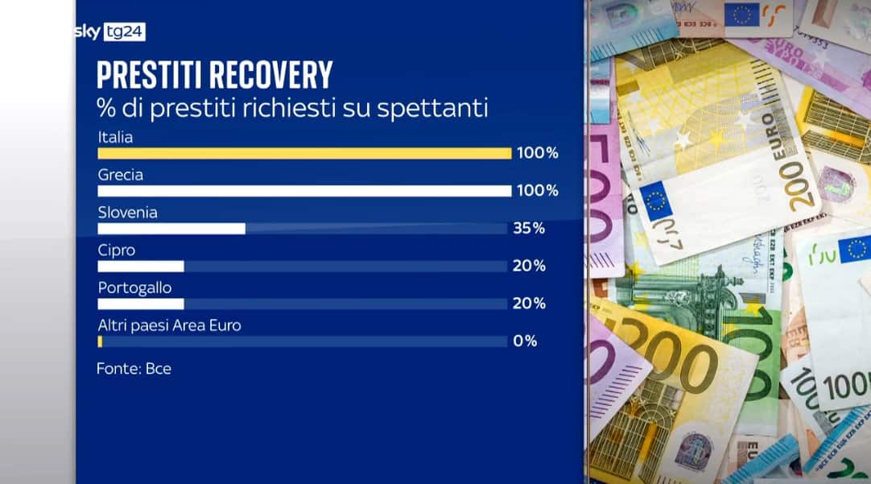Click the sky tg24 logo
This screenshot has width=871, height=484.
coord(111,32)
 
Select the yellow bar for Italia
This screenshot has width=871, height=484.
coord(304,153)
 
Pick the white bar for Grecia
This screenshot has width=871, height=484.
coord(304,191)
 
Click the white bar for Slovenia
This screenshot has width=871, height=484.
coord(171,229)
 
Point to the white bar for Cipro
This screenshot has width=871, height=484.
coord(141,267)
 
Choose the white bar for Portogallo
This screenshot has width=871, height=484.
coord(141,304)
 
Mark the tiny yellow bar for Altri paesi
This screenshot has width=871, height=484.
coord(100,341)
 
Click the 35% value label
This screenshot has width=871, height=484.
coord(529,229)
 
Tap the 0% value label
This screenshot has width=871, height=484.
coord(525,341)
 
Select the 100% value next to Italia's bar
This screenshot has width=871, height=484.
coord(536,153)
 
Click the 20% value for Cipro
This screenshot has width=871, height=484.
coord(529,267)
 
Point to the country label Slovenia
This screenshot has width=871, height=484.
coord(127,213)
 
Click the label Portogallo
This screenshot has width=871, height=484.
coord(134,288)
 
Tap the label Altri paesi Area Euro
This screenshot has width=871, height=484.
coord(169,325)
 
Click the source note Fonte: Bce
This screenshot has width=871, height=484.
coord(134,370)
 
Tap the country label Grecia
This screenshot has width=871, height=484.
coord(121,175)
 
